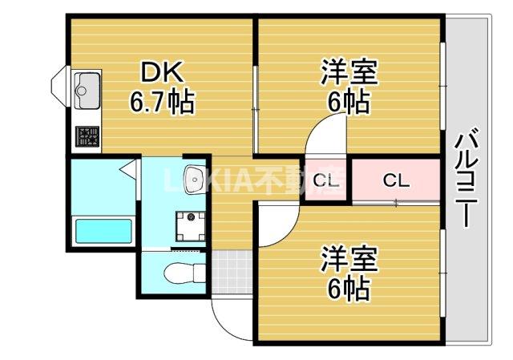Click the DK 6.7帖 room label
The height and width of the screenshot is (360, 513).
[x=162, y=87]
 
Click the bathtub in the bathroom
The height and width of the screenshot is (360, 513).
[x=102, y=232]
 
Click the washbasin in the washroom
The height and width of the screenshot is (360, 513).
[x=192, y=178]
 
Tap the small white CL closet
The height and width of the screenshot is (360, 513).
[x=325, y=180]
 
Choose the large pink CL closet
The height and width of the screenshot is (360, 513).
[x=396, y=180]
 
